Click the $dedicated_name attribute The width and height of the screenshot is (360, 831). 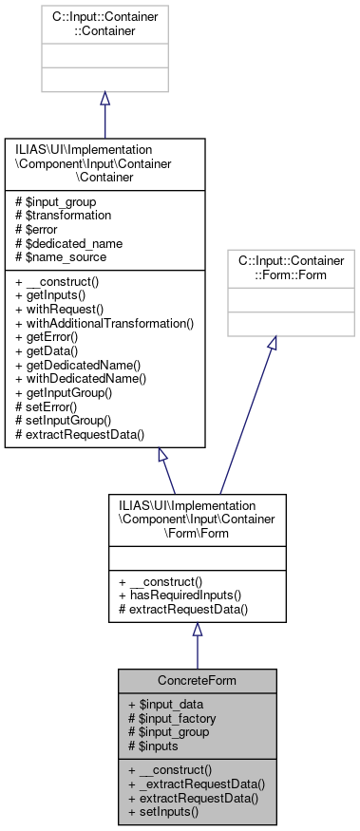tap(67, 243)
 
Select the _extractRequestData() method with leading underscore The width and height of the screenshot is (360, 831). tap(198, 784)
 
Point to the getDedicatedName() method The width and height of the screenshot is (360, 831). tap(78, 366)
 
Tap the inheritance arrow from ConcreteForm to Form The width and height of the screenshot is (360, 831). tap(198, 645)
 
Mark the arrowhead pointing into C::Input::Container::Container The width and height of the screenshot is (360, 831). tap(104, 99)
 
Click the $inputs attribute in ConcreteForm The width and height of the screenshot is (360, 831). tap(156, 747)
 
